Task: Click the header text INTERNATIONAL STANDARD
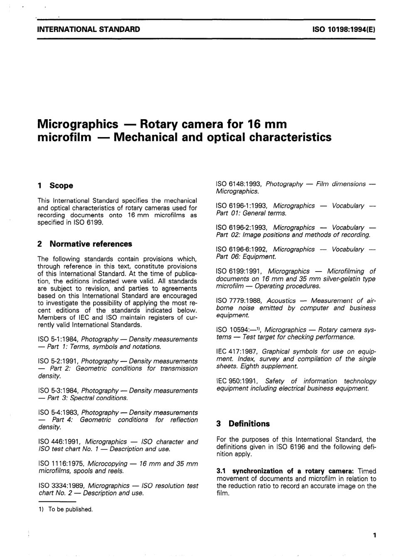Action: click(89, 29)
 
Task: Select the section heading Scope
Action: click(61, 186)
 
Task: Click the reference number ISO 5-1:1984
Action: click(58, 339)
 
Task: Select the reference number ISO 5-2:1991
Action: click(58, 361)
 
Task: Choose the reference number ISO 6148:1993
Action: click(239, 184)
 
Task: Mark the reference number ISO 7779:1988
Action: click(239, 301)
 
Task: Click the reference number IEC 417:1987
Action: click(237, 352)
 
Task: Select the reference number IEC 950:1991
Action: click(237, 381)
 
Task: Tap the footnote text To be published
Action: click(70, 509)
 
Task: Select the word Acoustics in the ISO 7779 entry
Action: click(281, 301)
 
